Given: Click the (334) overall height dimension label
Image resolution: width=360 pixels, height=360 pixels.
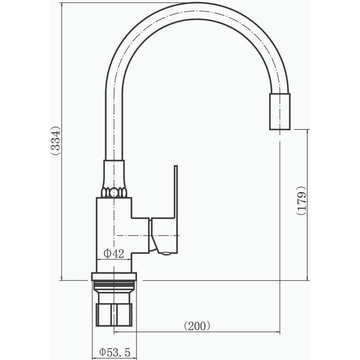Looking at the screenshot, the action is tap(56, 141).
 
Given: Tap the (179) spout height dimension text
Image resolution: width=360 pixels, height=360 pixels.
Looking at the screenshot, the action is tap(301, 200).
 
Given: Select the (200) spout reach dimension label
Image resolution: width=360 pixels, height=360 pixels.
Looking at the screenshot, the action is tap(197, 325).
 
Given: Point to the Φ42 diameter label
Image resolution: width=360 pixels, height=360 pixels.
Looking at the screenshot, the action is tap(114, 254).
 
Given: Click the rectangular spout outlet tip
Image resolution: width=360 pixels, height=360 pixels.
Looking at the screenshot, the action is tap(280, 112).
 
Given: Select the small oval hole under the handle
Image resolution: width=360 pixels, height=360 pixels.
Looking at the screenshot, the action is tap(166, 253).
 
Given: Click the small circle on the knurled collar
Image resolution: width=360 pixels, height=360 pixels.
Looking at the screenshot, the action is tap(113, 192).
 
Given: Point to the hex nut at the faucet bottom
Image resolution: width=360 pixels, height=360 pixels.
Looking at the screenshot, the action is tap(114, 315).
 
